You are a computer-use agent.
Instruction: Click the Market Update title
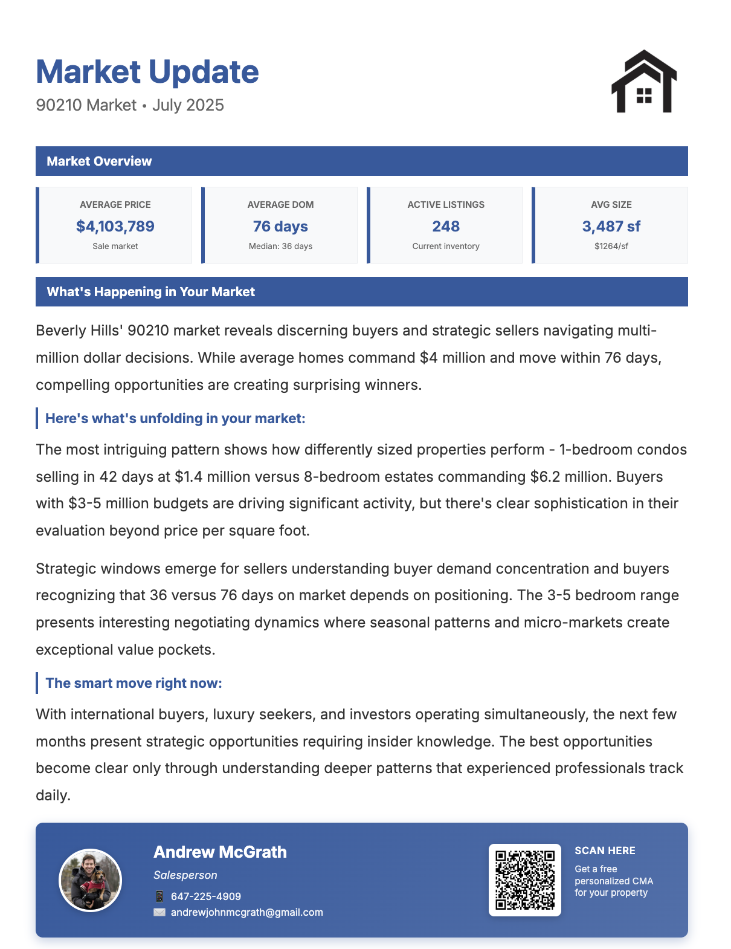(x=147, y=72)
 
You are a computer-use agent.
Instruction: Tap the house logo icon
(x=644, y=82)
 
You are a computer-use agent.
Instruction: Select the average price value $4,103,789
(x=115, y=227)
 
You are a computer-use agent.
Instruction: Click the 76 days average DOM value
(x=280, y=227)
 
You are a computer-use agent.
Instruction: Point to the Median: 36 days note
(x=280, y=247)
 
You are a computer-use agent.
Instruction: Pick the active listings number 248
(x=446, y=227)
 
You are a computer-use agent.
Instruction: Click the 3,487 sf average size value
(x=611, y=227)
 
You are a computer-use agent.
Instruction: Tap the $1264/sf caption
(x=611, y=247)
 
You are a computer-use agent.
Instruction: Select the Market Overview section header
(x=99, y=161)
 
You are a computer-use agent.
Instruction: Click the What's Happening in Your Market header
(x=151, y=292)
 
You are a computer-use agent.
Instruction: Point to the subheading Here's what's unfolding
(x=175, y=418)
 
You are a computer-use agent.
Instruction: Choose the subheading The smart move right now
(x=134, y=683)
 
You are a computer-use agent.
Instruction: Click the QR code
(x=524, y=880)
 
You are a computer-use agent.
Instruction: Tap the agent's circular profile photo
(x=91, y=880)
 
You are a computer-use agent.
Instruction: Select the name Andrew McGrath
(x=220, y=852)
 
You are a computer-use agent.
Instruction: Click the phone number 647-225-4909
(x=206, y=896)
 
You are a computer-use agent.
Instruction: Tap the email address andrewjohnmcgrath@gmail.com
(x=246, y=913)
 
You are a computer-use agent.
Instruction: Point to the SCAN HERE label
(x=605, y=851)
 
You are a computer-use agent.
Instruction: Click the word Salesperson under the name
(x=185, y=875)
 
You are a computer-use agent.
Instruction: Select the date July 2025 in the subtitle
(x=188, y=105)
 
